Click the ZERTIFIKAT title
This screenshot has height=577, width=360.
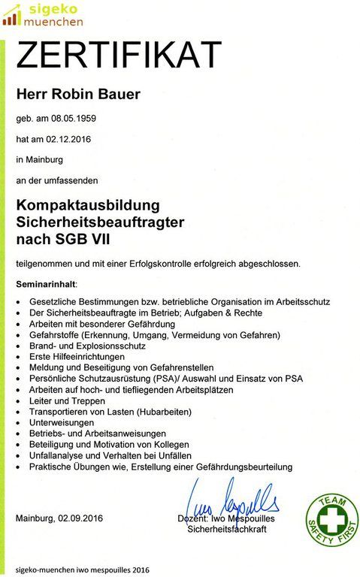click(x=119, y=55)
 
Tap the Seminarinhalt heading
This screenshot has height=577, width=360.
click(x=47, y=285)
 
